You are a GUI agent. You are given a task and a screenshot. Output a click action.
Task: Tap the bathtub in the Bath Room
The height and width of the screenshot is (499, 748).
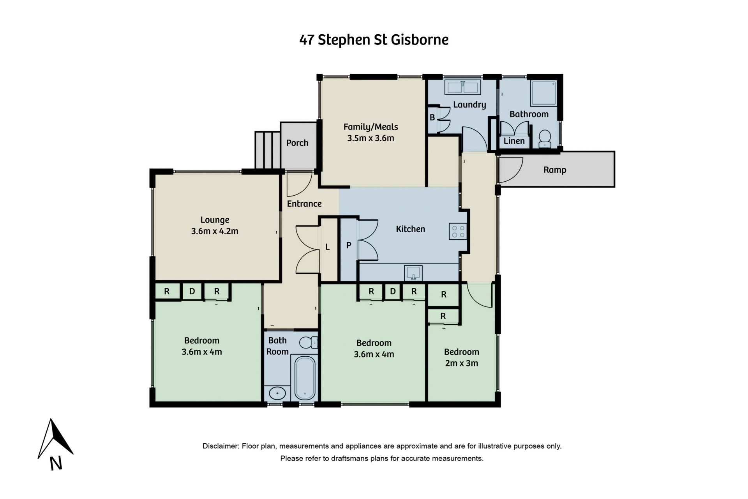click(304, 377)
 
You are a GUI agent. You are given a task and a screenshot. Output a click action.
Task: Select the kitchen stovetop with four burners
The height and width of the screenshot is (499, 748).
click(458, 231)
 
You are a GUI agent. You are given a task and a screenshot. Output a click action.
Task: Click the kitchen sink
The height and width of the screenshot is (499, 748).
click(413, 273)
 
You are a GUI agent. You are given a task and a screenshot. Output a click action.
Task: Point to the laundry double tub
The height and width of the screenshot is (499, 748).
click(462, 87)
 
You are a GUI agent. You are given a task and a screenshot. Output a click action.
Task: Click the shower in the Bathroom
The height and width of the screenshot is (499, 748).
click(543, 93)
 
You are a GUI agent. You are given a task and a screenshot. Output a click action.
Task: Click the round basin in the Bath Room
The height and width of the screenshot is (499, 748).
click(277, 393)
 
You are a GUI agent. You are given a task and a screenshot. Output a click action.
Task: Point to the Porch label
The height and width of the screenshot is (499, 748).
click(297, 143)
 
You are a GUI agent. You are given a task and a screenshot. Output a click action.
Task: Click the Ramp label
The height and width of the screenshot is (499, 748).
click(555, 170)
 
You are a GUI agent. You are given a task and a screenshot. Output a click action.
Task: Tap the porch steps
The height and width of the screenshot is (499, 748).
click(268, 150)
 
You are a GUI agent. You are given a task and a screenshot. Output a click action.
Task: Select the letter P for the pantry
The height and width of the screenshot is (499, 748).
click(349, 245)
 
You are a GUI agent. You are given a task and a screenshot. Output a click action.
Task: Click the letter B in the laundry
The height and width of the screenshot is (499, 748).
click(432, 117)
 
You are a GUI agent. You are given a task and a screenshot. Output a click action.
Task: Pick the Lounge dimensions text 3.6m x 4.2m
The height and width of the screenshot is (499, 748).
click(215, 231)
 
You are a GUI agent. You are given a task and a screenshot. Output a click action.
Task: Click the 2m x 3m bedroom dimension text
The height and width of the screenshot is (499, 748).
click(462, 363)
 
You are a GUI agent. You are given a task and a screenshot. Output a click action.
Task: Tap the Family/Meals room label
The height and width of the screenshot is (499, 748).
click(370, 127)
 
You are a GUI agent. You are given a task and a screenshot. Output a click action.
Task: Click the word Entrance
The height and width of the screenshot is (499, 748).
click(304, 203)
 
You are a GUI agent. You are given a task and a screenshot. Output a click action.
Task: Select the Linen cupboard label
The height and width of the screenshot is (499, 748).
click(514, 141)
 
